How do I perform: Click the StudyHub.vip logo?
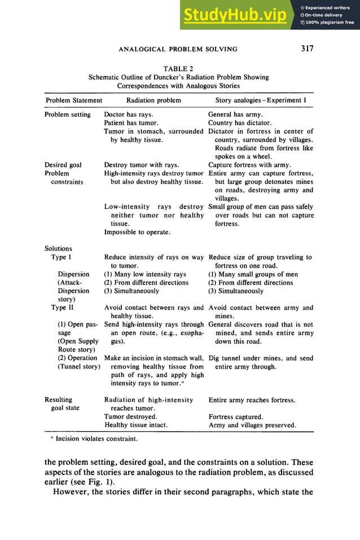coord(234,15)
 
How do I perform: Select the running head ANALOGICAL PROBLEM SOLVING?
coord(178,49)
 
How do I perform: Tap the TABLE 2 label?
coord(178,69)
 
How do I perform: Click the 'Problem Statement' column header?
coord(73,100)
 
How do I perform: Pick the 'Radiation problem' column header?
coord(153,100)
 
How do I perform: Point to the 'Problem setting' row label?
coord(67,115)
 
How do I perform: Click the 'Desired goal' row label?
coord(63,165)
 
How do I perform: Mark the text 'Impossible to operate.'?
coord(137,232)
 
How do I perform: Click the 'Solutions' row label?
coord(58,249)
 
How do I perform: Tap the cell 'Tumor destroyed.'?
coord(130,417)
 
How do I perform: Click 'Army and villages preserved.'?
coord(252,425)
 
